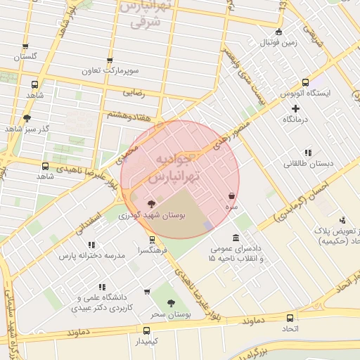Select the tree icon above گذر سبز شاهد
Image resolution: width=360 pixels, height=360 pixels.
27,118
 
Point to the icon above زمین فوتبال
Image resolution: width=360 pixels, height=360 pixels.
278,32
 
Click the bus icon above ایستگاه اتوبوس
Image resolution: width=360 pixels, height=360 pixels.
305,82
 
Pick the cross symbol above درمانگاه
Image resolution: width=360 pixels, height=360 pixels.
296,108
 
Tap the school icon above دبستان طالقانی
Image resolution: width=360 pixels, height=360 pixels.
308,153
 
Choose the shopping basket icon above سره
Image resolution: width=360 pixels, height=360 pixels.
231,196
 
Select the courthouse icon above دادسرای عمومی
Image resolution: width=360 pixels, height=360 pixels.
234,238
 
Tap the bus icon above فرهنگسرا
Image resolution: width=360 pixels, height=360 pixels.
161,239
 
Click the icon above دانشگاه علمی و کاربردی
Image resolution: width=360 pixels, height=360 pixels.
102,287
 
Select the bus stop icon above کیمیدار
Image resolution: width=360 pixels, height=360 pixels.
147,330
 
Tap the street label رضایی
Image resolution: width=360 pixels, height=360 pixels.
134,92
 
